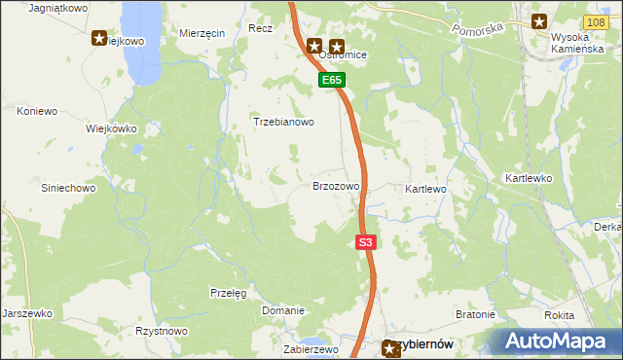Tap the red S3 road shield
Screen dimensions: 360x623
pos(365,243)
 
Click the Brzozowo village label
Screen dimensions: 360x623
pos(336,185)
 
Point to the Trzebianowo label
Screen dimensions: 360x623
pos(283,123)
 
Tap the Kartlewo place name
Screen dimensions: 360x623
pos(425,188)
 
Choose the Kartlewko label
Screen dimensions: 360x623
pos(529,179)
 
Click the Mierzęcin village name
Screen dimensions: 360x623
pos(202,32)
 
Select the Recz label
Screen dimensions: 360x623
pos(260,29)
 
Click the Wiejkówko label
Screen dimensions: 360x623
pos(111,128)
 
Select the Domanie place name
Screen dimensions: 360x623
pos(283,310)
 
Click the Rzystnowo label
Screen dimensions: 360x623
pos(162,331)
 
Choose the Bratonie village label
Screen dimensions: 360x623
pos(476,315)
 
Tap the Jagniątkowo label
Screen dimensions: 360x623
pos(58,7)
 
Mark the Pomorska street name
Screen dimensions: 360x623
pos(478,29)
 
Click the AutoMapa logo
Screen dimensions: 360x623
pos(559,341)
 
